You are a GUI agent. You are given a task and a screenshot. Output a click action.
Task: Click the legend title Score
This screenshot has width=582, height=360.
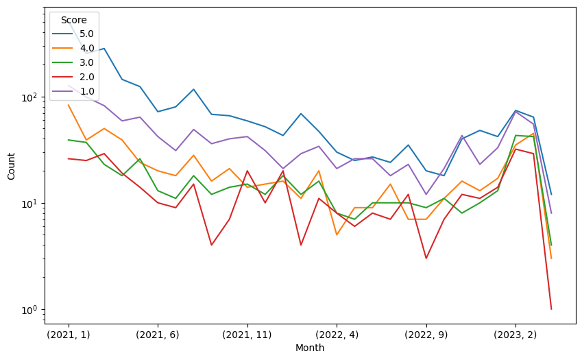pyautogui.click(x=73, y=20)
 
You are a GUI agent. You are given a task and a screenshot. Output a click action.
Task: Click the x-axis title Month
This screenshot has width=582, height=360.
pyautogui.click(x=310, y=348)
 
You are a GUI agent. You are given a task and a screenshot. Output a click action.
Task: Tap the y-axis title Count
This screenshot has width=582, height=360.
pyautogui.click(x=12, y=166)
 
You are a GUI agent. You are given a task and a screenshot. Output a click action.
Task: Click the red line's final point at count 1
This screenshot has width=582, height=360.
pyautogui.click(x=551, y=309)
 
